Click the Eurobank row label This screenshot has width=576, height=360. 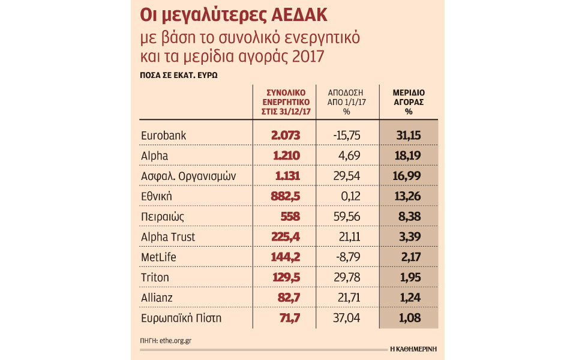(x=163, y=136)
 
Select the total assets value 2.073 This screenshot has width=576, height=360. (x=286, y=135)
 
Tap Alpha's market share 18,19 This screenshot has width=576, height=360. (x=408, y=156)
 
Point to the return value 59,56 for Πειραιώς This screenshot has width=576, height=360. (x=347, y=217)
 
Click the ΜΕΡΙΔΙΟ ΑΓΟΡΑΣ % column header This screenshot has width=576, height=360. (x=409, y=102)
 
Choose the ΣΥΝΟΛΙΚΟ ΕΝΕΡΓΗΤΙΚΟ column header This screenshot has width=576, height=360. (x=286, y=102)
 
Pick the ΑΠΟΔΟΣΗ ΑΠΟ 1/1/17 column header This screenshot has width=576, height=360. (x=346, y=102)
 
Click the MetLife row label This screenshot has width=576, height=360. (x=158, y=257)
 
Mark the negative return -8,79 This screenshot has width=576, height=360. (x=348, y=257)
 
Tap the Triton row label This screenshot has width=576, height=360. (x=155, y=277)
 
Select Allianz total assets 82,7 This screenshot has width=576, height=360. (x=289, y=298)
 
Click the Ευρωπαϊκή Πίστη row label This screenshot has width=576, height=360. (x=181, y=318)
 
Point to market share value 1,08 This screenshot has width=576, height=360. (x=410, y=318)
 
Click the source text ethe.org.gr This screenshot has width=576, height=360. (x=176, y=341)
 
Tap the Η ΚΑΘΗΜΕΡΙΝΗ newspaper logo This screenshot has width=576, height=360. (x=413, y=349)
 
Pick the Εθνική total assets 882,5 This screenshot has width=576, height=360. (x=286, y=196)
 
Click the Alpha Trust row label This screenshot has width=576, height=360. (x=168, y=237)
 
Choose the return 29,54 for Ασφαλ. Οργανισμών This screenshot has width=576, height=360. (x=347, y=176)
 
